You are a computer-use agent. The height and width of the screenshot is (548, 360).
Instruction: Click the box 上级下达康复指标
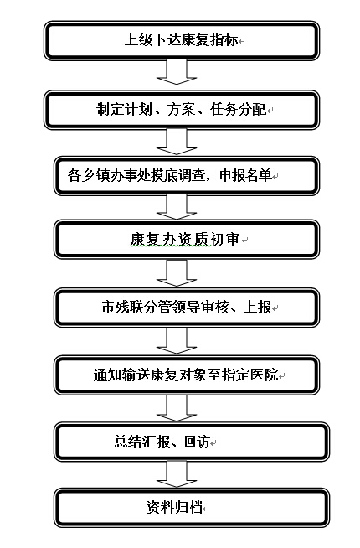click(181, 40)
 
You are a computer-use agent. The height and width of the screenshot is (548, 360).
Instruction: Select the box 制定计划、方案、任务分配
click(181, 110)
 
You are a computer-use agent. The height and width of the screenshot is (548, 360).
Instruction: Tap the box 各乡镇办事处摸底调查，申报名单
click(187, 176)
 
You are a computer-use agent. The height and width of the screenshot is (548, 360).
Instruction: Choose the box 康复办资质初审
click(187, 240)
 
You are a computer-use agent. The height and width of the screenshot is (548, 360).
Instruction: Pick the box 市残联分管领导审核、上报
click(187, 308)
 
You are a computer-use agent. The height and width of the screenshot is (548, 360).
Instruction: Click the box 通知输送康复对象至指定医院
click(187, 375)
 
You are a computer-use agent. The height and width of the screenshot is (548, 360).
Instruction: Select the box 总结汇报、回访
click(192, 442)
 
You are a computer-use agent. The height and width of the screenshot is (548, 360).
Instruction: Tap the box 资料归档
click(192, 508)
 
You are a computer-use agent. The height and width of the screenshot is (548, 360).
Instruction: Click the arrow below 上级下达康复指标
click(177, 72)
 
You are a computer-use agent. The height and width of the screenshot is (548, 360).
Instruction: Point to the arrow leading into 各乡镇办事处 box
click(177, 142)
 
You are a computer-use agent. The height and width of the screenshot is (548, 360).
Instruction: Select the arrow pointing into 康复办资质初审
click(177, 207)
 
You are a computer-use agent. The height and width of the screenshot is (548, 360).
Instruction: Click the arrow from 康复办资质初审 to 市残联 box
click(177, 272)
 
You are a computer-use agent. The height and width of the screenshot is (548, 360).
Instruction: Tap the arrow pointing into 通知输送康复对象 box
click(177, 341)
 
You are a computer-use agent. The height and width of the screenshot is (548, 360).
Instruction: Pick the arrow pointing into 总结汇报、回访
click(177, 408)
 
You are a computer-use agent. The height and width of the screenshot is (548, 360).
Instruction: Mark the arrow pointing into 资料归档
click(177, 474)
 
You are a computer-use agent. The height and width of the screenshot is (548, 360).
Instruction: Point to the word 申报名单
click(245, 175)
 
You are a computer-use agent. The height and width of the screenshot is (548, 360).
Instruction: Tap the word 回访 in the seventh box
click(197, 442)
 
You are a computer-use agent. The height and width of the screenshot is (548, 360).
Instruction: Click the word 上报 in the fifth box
click(258, 308)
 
